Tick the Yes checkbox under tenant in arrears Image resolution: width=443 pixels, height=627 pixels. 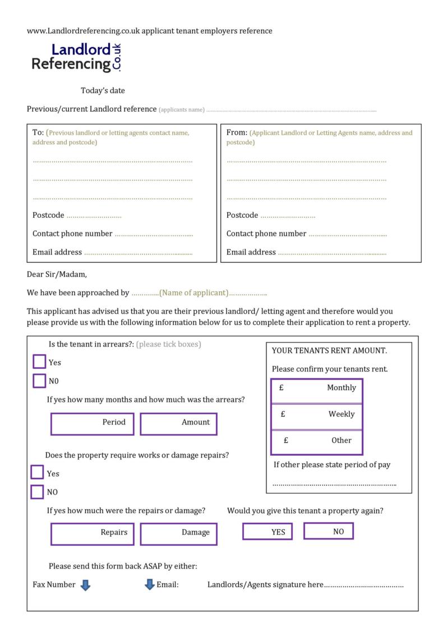[x=39, y=362]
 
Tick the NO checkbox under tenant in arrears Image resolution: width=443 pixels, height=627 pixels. [x=39, y=381]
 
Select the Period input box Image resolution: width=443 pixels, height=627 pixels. [x=93, y=424]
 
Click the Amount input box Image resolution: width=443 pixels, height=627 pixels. [x=178, y=424]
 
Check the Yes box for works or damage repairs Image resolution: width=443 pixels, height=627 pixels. [x=37, y=473]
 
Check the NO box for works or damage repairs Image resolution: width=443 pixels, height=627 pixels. [x=37, y=492]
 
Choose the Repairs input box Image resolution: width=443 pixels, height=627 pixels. [x=93, y=534]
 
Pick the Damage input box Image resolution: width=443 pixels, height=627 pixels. [x=178, y=534]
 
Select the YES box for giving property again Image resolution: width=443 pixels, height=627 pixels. [x=267, y=531]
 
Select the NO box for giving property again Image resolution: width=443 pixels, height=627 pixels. [x=329, y=530]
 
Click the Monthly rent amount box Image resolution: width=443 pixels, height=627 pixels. [x=317, y=390]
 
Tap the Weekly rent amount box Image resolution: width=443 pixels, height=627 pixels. [x=317, y=416]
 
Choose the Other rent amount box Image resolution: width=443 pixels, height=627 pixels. [x=317, y=442]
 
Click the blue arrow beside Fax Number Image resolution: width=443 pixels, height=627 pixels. [x=85, y=585]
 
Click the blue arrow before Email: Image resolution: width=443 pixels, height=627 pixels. [x=150, y=585]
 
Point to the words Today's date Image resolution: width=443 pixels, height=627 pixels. [x=103, y=90]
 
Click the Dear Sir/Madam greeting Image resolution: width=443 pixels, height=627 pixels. [x=57, y=274]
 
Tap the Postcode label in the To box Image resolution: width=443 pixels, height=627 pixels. [x=48, y=216]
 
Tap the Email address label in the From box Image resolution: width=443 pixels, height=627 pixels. [x=251, y=252]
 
